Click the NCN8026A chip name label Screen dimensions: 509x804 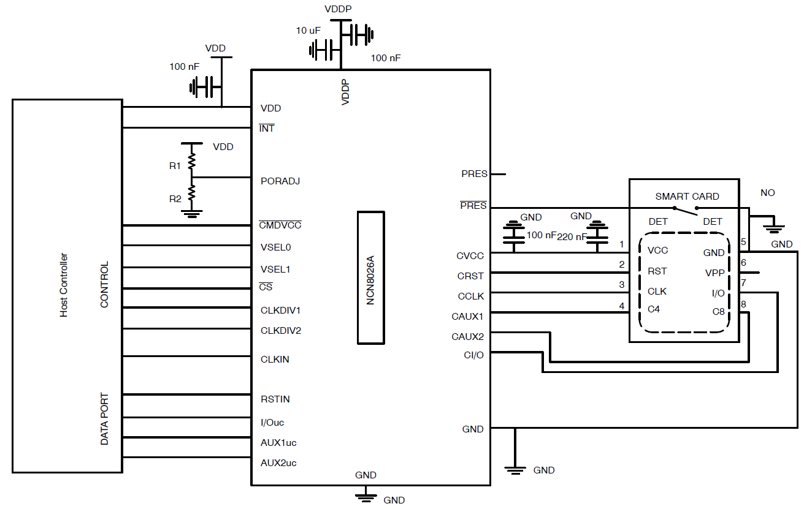370,277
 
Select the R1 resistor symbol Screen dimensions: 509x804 192,160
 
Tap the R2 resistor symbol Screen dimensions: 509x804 192,194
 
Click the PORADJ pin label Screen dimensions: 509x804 280,181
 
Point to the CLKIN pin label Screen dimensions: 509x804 275,360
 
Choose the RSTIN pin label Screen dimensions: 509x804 275,399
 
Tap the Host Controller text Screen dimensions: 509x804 64,285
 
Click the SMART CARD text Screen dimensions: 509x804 687,197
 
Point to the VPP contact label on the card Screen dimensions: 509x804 715,273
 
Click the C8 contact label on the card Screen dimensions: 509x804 718,312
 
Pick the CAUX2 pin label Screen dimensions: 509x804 468,336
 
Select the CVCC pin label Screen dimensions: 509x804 470,256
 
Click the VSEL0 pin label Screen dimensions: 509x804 276,248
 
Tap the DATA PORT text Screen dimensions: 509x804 104,419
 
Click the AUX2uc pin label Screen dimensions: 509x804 278,463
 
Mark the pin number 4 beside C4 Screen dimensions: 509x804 622,305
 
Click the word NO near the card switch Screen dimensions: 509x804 767,193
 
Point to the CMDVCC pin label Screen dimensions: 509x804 280,225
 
